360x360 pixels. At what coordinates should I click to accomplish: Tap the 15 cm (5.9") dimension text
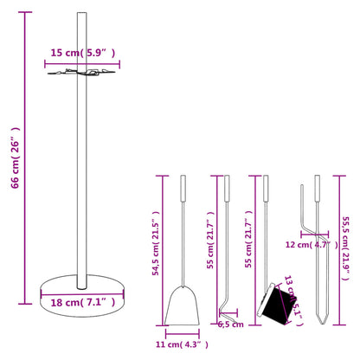81,53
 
